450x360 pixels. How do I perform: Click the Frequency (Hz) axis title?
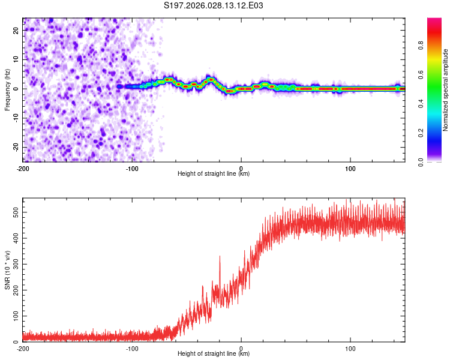[x=8, y=88]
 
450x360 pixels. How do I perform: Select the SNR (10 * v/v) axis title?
[x=8, y=271]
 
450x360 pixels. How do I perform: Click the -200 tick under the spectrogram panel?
[x=23, y=168]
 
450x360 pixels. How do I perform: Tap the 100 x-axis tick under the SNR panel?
[x=350, y=348]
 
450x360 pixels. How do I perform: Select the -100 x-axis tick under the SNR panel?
[x=132, y=348]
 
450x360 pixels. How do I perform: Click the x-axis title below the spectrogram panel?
[x=214, y=174]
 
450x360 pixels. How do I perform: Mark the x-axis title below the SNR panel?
[x=214, y=354]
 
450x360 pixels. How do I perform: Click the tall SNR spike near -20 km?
[x=220, y=257]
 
